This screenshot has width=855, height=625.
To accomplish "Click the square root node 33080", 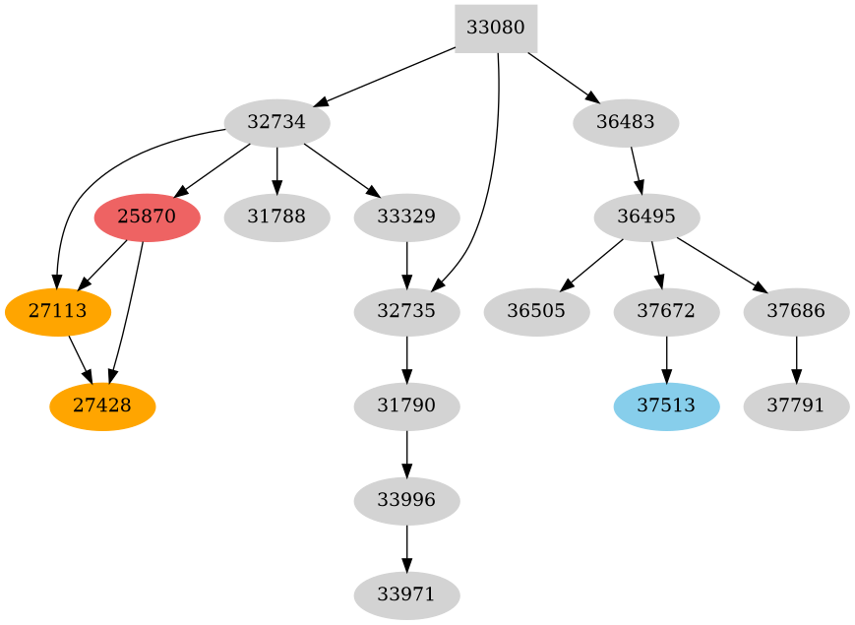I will pyautogui.click(x=496, y=28).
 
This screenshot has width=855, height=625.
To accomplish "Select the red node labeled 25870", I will pyautogui.click(x=148, y=218).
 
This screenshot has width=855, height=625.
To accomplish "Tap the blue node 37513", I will pyautogui.click(x=666, y=406).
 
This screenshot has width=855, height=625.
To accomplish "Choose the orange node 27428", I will pyautogui.click(x=102, y=406).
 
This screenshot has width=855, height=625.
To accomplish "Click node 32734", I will pyautogui.click(x=277, y=123).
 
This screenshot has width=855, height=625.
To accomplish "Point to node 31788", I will pyautogui.click(x=277, y=218).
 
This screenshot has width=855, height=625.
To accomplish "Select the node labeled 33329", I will pyautogui.click(x=406, y=218).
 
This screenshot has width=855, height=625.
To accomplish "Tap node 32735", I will pyautogui.click(x=406, y=312).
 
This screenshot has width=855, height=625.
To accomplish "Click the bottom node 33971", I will pyautogui.click(x=406, y=595).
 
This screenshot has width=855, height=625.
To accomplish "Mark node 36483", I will pyautogui.click(x=626, y=123).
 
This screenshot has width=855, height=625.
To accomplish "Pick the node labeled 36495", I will pyautogui.click(x=647, y=218).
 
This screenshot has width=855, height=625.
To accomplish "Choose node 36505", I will pyautogui.click(x=536, y=312).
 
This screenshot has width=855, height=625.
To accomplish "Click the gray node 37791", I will pyautogui.click(x=796, y=406).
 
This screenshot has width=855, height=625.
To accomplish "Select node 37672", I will pyautogui.click(x=666, y=312).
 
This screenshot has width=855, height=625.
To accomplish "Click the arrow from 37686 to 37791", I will pyautogui.click(x=796, y=359).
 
